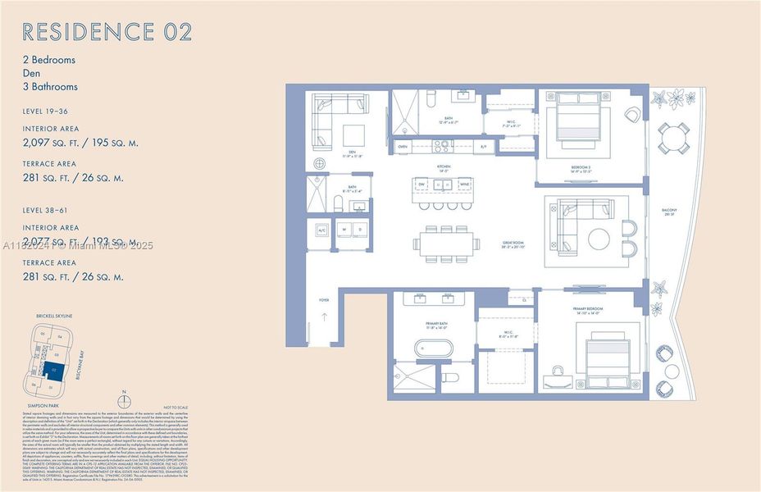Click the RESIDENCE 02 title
coord(107,32)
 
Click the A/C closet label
coord(321,229)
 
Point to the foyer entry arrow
coord(325,317)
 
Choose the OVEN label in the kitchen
coord(402,146)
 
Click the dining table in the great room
coord(448,243)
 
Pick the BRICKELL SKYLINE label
coord(54,316)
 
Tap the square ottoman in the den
coord(354,134)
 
